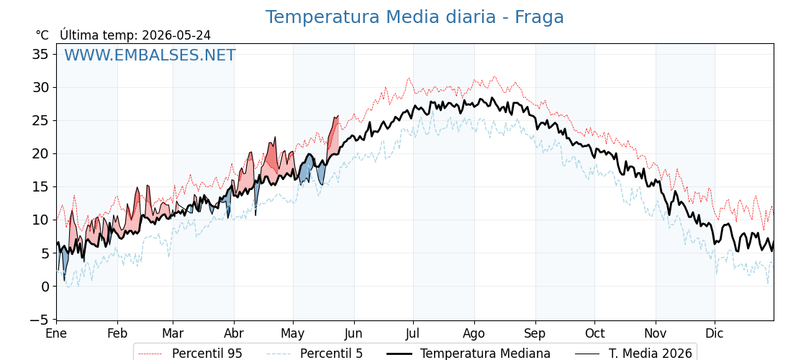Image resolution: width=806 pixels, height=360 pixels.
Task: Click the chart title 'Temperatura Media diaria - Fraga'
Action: (x=415, y=17)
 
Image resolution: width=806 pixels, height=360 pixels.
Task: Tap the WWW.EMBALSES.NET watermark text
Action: (x=150, y=55)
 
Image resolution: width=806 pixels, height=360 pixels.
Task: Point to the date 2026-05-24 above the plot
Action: (x=176, y=35)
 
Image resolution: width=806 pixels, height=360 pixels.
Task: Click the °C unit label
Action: (x=42, y=35)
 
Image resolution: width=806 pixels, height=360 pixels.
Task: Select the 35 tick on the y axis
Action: (x=41, y=54)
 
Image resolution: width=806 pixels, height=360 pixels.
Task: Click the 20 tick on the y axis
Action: (x=41, y=154)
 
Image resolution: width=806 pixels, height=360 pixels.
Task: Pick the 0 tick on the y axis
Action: (x=45, y=287)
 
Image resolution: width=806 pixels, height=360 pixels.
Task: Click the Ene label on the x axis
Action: (x=56, y=333)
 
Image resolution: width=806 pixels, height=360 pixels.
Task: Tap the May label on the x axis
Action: (x=293, y=333)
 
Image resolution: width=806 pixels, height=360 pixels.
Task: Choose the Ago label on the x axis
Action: (x=474, y=333)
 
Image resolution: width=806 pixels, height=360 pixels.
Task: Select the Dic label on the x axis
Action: (x=715, y=333)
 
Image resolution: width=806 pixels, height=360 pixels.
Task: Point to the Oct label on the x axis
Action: (x=594, y=333)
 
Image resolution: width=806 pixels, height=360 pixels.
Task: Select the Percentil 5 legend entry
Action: (x=314, y=354)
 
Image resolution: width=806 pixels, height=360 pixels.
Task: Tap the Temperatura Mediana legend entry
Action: (x=467, y=354)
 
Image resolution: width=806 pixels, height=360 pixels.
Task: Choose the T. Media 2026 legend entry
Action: (x=633, y=354)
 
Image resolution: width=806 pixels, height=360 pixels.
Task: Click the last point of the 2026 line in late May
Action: (x=338, y=116)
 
